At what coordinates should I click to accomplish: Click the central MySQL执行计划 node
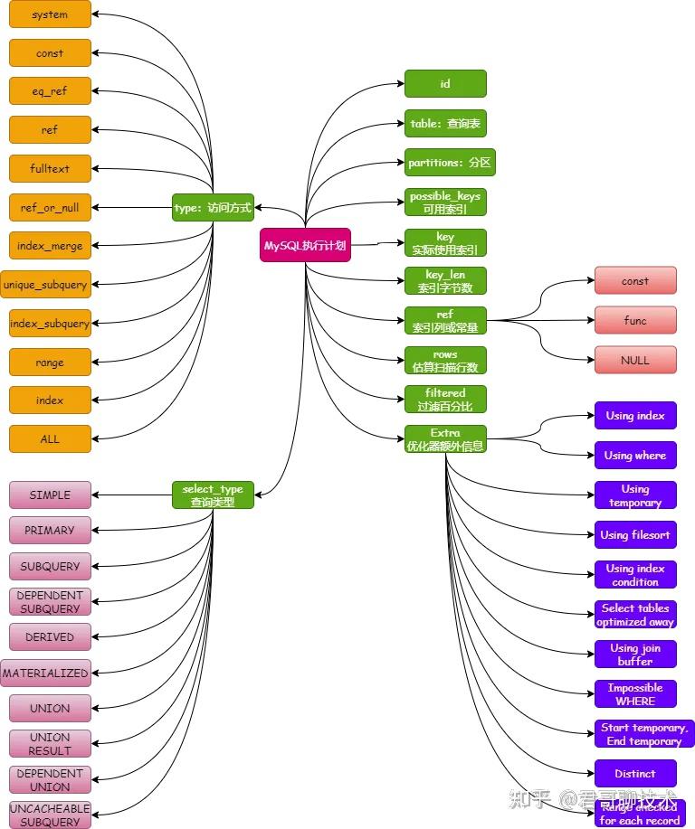[304, 245]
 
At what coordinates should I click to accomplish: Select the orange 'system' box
[50, 14]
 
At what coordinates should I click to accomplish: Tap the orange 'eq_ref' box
[50, 91]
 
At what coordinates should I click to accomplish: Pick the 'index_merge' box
[50, 246]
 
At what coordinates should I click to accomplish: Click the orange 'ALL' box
[50, 438]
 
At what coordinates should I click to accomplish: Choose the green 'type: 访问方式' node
[213, 207]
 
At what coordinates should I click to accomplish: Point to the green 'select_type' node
[213, 495]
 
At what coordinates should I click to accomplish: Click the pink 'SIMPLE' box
[50, 495]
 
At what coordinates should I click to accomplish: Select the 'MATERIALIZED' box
[45, 673]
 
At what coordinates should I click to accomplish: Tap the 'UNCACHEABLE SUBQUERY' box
[50, 815]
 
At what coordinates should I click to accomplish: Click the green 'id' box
[445, 83]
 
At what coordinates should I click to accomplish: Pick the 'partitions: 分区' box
[450, 163]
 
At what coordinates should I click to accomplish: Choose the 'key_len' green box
[445, 280]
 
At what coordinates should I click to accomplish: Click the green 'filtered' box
[445, 399]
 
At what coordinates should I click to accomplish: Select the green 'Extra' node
[445, 438]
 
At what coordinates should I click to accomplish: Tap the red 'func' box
[635, 320]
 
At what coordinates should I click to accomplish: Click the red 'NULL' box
[635, 360]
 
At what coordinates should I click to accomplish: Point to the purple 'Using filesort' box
[635, 534]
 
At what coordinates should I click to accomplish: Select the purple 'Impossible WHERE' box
[635, 693]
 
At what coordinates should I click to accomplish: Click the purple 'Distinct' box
[635, 773]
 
